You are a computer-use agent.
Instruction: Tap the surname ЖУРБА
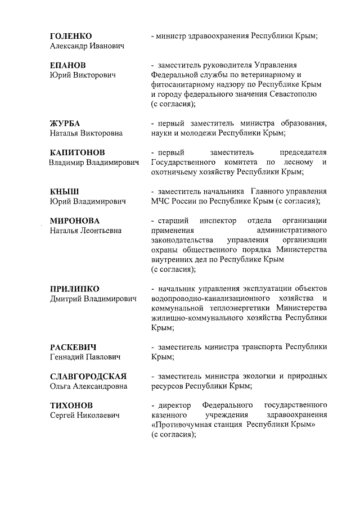click(65, 123)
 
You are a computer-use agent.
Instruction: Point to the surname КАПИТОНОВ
click(77, 152)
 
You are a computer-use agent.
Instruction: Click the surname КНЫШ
click(64, 191)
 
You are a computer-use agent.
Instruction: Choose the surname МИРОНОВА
click(74, 220)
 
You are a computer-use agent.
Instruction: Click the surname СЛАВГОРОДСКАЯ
click(88, 376)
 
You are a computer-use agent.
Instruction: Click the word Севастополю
click(292, 94)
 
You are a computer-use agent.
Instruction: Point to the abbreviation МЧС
click(161, 201)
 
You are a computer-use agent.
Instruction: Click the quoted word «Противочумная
click(182, 425)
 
